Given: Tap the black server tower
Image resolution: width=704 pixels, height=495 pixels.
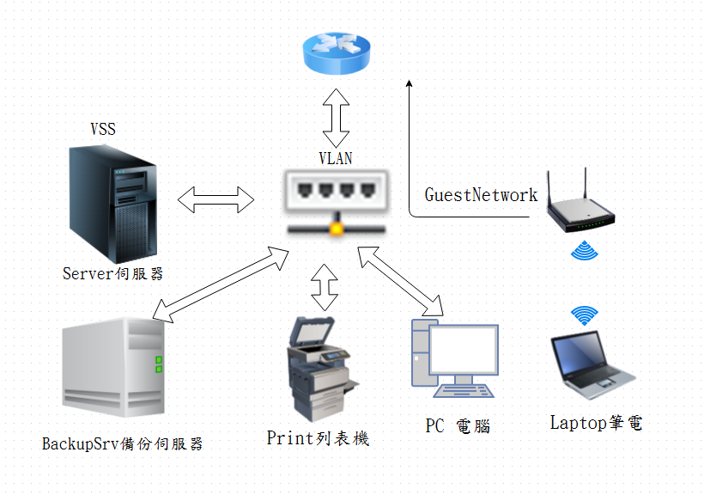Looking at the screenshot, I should point(114,204).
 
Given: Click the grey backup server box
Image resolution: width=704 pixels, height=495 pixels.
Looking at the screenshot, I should point(113,366).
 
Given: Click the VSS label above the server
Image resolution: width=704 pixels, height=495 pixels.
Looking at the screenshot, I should point(103,130).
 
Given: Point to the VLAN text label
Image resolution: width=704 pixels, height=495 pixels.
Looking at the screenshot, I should point(335,159).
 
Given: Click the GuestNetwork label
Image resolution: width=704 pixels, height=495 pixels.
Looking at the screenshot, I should point(481,195).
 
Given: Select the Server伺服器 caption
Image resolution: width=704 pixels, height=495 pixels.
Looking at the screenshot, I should point(112,274).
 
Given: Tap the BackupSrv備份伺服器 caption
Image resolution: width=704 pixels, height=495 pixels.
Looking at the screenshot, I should point(123,444).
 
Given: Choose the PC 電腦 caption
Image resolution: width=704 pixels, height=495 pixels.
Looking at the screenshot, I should point(457,425).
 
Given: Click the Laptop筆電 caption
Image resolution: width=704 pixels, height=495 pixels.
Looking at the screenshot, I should point(595,423).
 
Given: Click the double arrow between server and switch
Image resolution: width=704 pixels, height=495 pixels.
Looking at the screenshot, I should point(216,201).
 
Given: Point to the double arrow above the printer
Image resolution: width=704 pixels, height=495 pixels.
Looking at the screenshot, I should point(325,287).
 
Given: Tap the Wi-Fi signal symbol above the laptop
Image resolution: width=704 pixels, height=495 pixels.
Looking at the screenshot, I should point(585,315).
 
